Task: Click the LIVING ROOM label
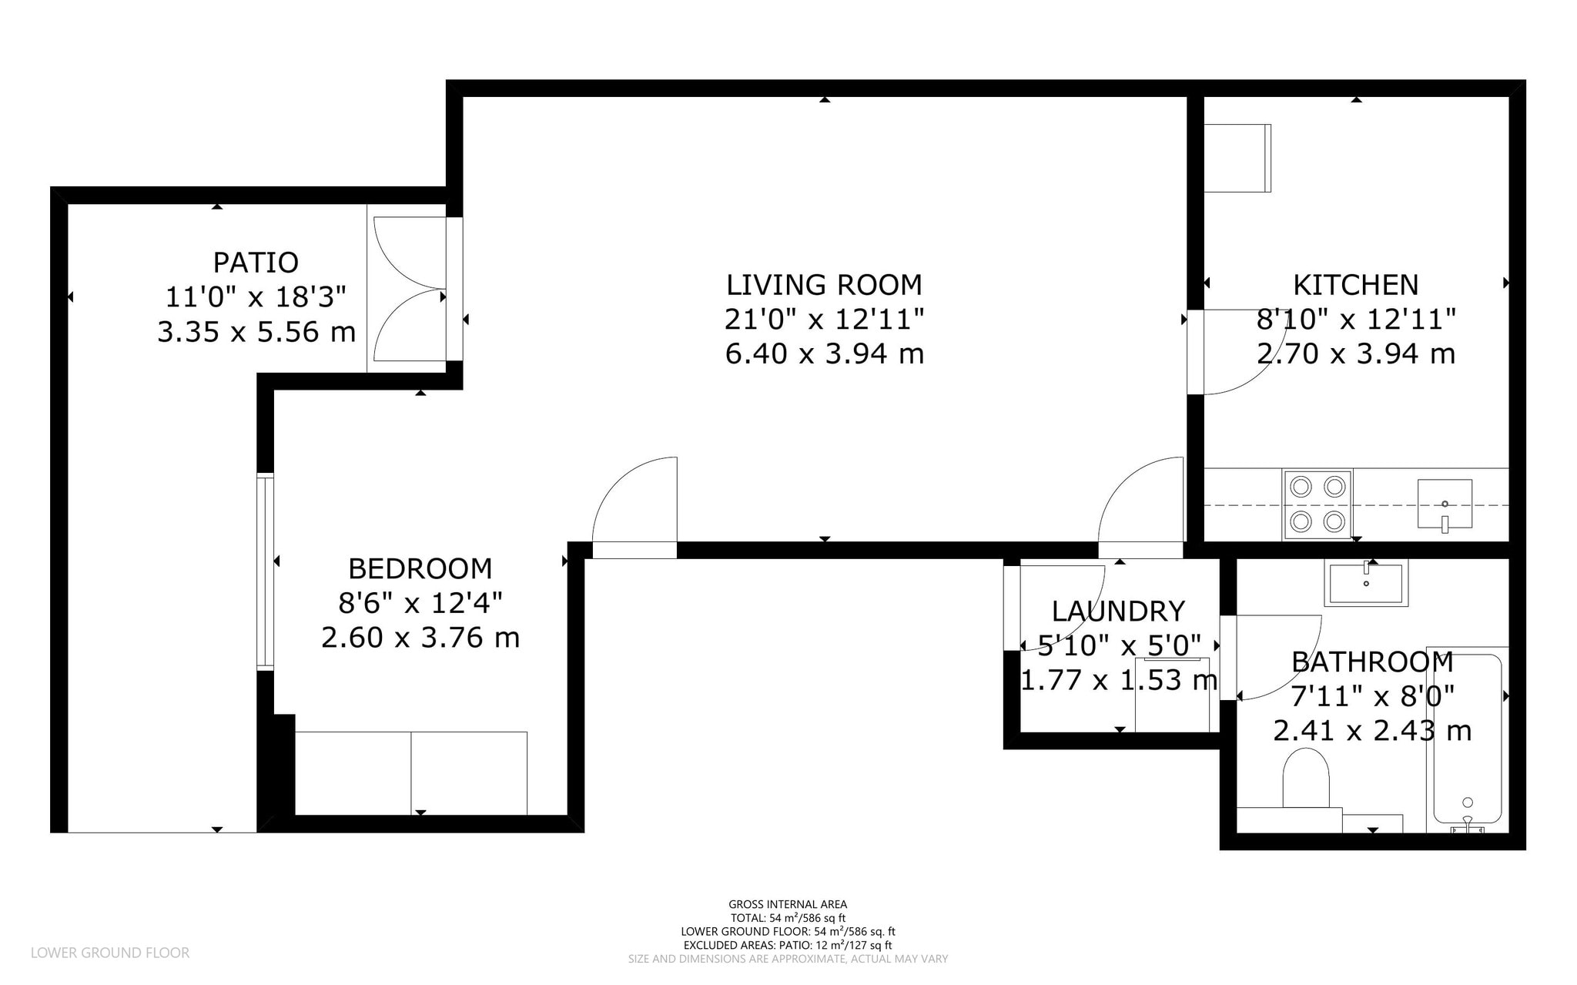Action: pyautogui.click(x=824, y=285)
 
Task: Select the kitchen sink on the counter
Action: pyautogui.click(x=1445, y=504)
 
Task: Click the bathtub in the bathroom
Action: pyautogui.click(x=1467, y=739)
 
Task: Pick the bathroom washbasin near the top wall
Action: pyautogui.click(x=1366, y=583)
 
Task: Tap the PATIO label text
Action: pyautogui.click(x=256, y=263)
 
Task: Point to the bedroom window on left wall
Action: pyautogui.click(x=265, y=571)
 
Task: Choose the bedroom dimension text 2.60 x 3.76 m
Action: pyautogui.click(x=420, y=638)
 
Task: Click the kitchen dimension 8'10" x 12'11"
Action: pyautogui.click(x=1355, y=319)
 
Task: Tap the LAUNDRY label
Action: pyautogui.click(x=1118, y=611)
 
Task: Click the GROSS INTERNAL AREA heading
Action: pyautogui.click(x=787, y=904)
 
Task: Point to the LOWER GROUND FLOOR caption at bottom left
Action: pyautogui.click(x=109, y=953)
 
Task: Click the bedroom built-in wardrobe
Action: pyautogui.click(x=411, y=772)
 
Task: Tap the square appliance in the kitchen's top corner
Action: pyautogui.click(x=1237, y=158)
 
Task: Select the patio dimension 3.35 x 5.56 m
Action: pyautogui.click(x=256, y=332)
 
